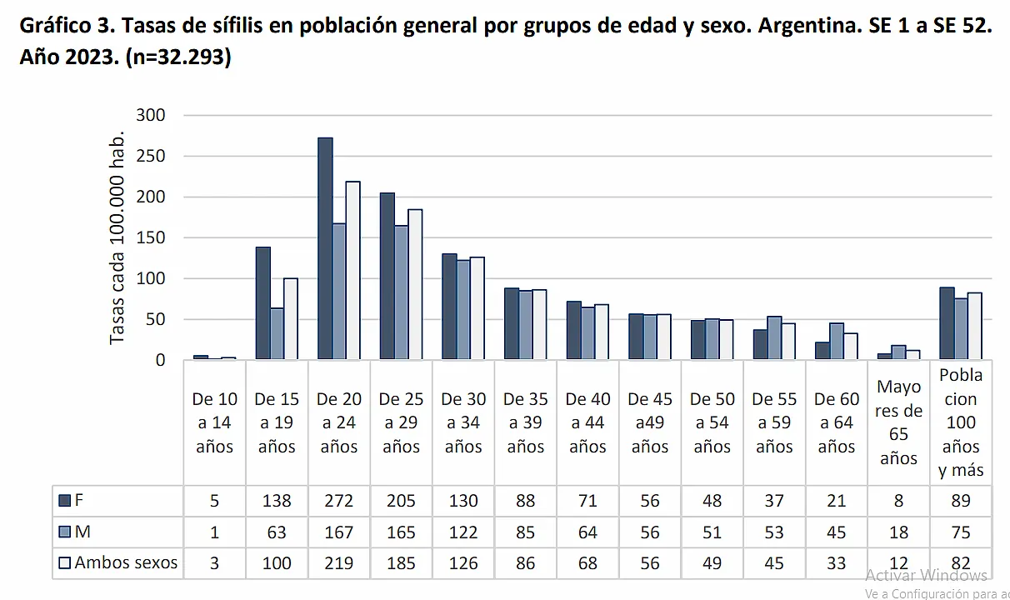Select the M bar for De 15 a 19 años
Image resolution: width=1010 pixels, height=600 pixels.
pos(277,334)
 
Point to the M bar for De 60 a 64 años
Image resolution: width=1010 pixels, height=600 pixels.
pos(836,342)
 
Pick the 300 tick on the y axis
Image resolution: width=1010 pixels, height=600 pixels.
pos(151,115)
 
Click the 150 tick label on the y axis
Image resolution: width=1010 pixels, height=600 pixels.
pos(151,237)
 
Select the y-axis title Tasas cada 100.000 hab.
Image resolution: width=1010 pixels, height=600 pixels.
pos(117,237)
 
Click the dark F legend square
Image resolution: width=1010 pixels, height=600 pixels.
pos(65,501)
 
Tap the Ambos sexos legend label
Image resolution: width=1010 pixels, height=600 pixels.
pos(126,562)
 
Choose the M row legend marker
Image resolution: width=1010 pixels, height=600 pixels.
pos(65,532)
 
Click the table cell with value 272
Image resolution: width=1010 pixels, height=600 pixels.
pos(339,501)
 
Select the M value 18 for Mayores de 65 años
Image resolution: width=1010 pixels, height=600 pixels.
pos(898,532)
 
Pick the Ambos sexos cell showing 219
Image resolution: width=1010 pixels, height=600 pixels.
pos(339,563)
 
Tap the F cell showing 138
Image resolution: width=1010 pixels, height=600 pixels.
pos(277,501)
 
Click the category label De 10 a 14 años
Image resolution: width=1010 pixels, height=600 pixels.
pos(215,422)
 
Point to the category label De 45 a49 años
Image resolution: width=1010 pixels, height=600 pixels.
pos(650,422)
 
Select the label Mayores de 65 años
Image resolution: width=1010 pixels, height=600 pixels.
pos(898,422)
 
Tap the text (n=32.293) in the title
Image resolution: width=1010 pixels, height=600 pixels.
pos(177,59)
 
